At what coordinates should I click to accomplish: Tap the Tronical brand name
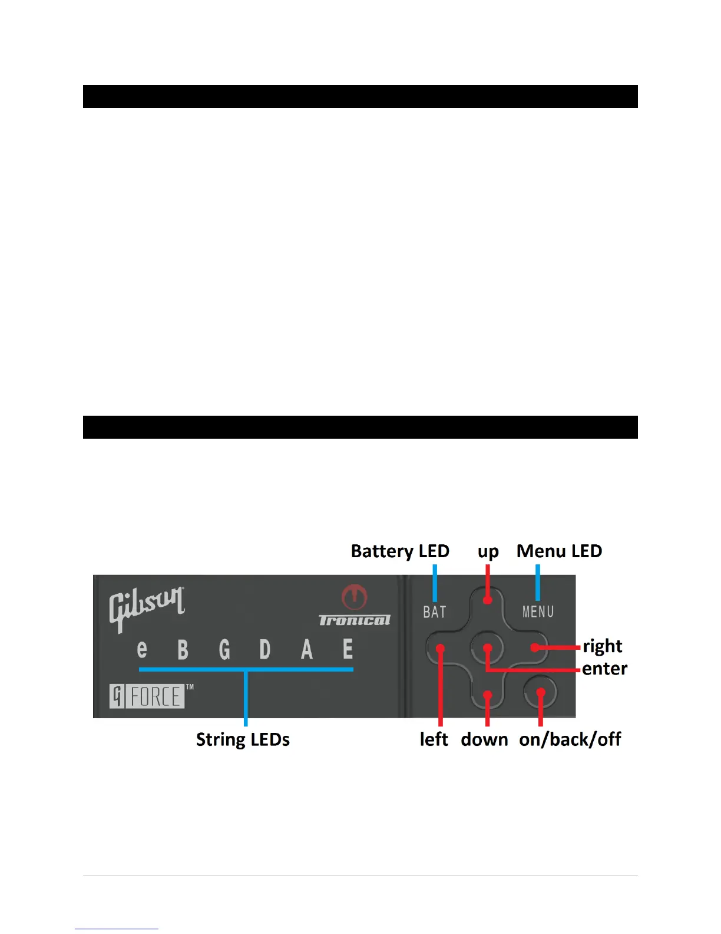[x=355, y=620]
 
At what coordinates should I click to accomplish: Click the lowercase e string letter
[x=142, y=649]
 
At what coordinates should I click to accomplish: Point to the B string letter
[x=183, y=650]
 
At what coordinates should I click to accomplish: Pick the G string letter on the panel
[x=224, y=650]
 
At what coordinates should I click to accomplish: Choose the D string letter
[x=265, y=650]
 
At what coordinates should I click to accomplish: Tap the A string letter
[x=307, y=650]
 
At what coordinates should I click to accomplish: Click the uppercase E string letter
[x=348, y=649]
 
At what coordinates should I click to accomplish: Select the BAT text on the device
[x=435, y=612]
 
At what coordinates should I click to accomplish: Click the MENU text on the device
[x=538, y=612]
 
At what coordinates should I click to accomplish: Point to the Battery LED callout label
[x=400, y=551]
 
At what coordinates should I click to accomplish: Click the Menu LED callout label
[x=559, y=551]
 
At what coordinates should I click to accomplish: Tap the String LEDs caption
[x=243, y=739]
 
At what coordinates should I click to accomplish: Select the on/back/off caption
[x=570, y=739]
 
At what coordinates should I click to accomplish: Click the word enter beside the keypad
[x=605, y=669]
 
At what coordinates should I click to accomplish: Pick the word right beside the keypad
[x=603, y=646]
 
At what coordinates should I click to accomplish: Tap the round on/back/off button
[x=541, y=692]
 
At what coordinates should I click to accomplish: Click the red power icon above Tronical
[x=354, y=597]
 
